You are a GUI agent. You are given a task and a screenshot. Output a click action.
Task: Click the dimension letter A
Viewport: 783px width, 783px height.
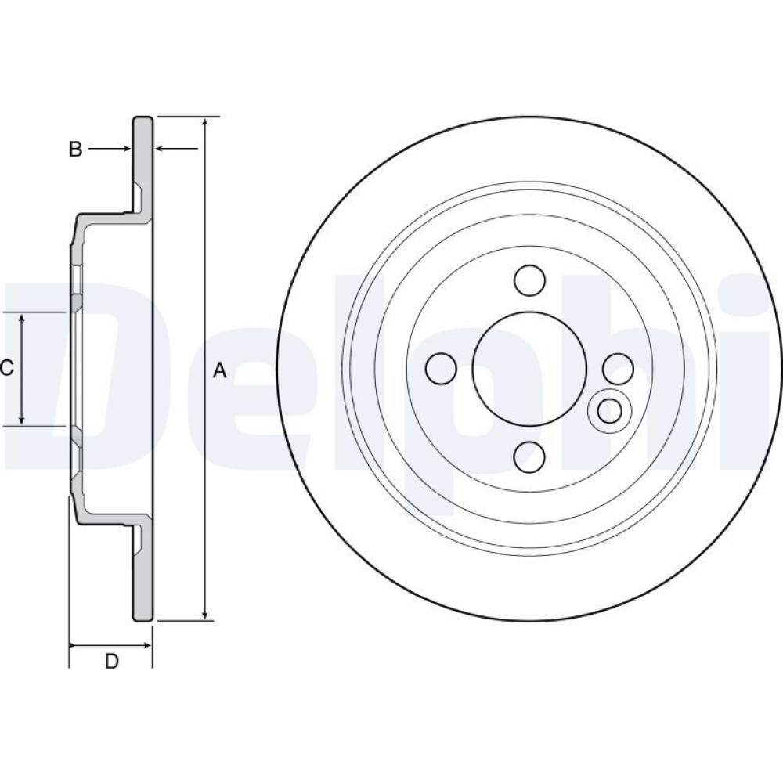click(x=220, y=370)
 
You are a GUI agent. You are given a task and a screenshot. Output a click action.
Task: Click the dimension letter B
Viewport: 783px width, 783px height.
click(x=75, y=149)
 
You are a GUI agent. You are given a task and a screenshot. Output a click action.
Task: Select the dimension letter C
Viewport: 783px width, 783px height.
click(x=6, y=369)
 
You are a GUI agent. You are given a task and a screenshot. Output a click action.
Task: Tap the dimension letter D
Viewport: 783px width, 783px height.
click(x=111, y=661)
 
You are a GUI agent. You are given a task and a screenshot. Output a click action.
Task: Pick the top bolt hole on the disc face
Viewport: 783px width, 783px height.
click(x=529, y=280)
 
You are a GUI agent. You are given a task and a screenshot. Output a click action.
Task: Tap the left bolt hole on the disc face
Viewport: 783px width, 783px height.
click(x=441, y=369)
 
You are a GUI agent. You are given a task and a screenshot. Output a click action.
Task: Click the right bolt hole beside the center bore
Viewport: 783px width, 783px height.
click(x=619, y=369)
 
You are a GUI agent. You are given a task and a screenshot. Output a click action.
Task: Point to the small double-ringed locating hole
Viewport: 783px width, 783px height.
click(x=610, y=411)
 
